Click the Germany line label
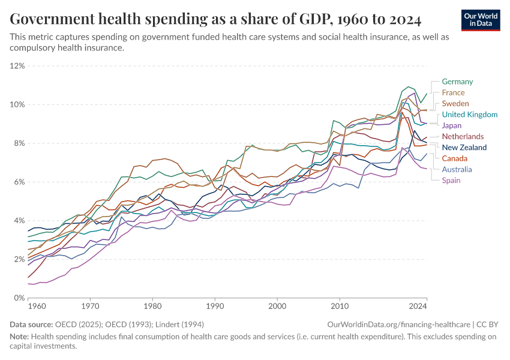point(457,82)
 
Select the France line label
point(453,92)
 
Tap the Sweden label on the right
point(455,104)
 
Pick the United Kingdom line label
point(470,115)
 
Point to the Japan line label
point(452,125)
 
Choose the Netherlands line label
point(463,137)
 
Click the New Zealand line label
point(464,148)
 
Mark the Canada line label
point(455,158)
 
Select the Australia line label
point(457,169)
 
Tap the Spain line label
point(451,180)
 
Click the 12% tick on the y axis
point(17,65)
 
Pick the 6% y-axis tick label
point(19,182)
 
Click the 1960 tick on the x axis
point(37,306)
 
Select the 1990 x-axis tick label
point(215,306)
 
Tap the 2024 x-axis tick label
point(418,306)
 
